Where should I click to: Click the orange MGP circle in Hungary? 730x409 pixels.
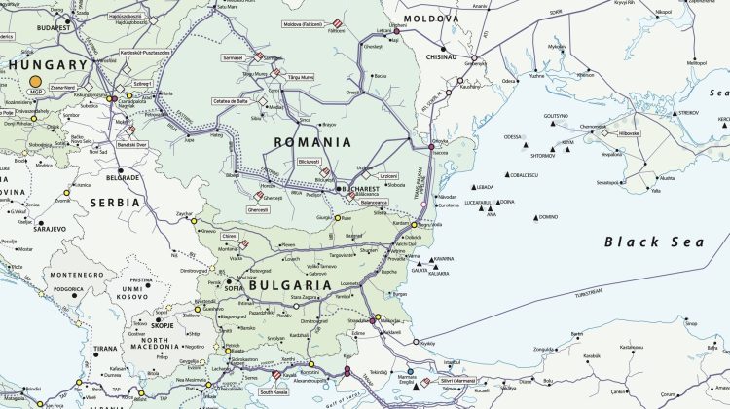click(36, 84)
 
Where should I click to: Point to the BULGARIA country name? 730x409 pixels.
click(291, 286)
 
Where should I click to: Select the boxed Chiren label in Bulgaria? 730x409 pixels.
click(230, 235)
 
